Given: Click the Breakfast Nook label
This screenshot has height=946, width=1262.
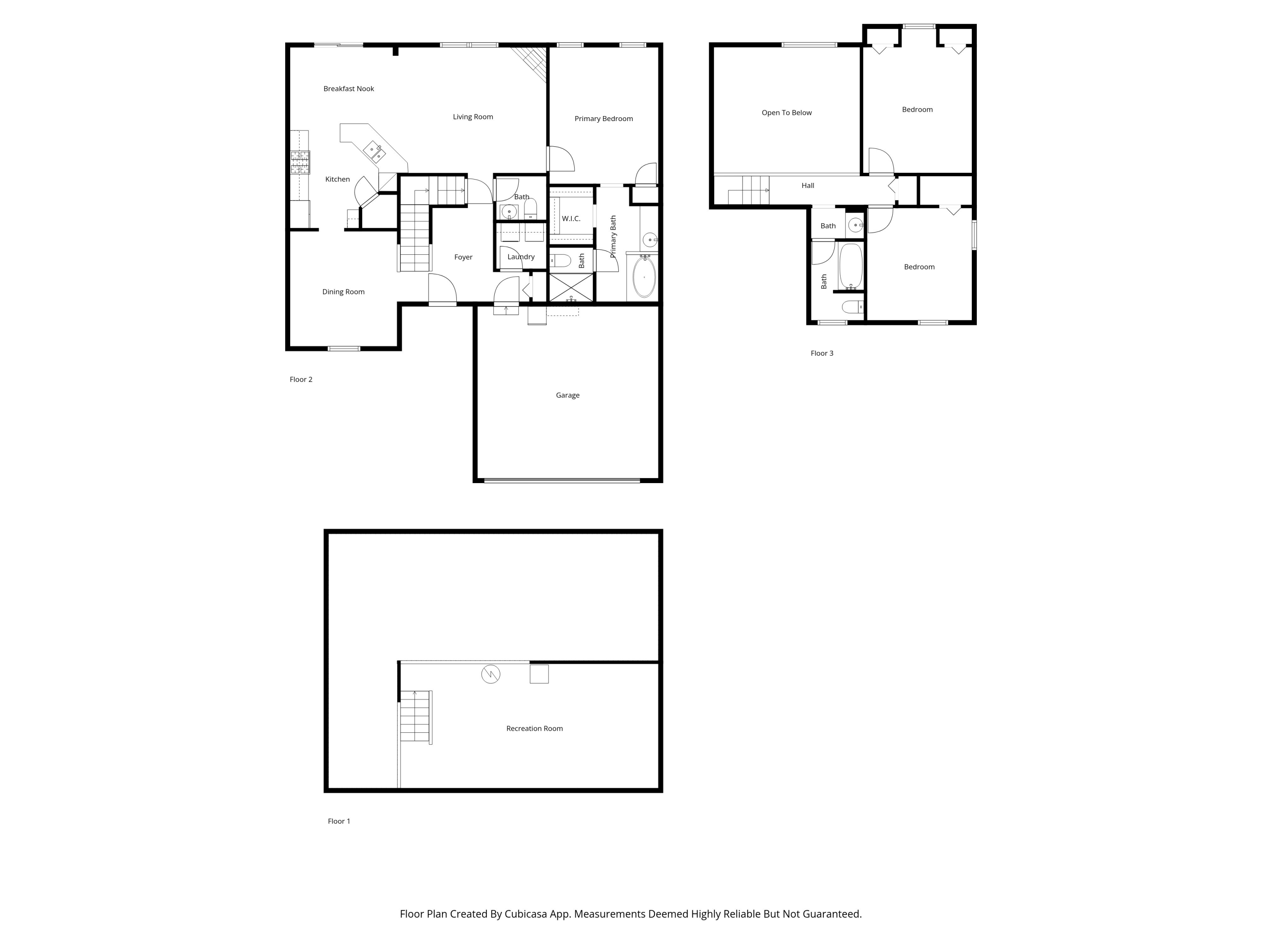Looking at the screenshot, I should (349, 88).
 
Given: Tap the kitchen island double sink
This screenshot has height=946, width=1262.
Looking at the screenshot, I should (374, 152).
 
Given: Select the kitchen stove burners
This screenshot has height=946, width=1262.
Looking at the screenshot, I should (300, 162).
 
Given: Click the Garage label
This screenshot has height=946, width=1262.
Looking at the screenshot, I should (567, 395).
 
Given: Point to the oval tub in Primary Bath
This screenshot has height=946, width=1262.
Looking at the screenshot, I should (644, 277).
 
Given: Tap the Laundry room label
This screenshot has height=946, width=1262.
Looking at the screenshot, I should (521, 256).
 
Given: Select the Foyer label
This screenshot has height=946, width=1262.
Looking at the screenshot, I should (463, 257).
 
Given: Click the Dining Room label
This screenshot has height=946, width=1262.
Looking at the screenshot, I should (343, 291).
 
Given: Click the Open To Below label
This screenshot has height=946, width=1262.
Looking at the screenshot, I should (786, 112).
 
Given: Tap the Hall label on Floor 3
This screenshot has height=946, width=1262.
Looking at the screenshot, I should (807, 185).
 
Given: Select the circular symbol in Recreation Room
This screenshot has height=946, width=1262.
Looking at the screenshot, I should (490, 674).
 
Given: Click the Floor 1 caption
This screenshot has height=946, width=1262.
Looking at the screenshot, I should (339, 821).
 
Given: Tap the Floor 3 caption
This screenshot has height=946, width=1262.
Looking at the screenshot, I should (822, 353).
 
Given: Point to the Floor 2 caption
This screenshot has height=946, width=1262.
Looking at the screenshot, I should (301, 379).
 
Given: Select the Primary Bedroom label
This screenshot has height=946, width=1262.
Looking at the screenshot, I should (603, 119).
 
